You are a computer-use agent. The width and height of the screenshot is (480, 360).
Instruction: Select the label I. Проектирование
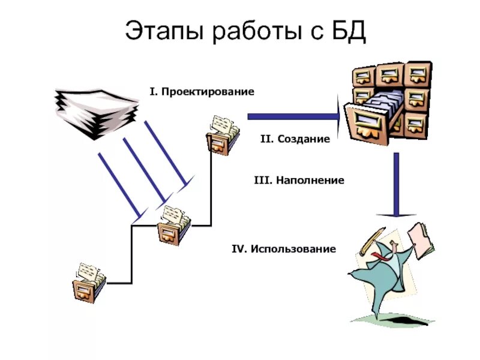(202, 92)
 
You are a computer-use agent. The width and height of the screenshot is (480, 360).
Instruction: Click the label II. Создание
(295, 139)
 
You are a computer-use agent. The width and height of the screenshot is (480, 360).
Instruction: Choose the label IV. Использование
(284, 248)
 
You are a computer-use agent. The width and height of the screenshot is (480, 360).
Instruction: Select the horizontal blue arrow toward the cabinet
(294, 116)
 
